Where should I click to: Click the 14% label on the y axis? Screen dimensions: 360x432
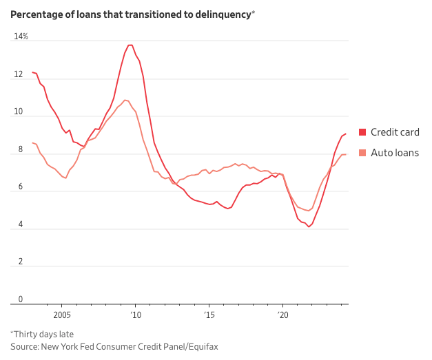(x=21, y=36)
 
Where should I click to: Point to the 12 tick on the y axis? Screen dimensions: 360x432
(x=18, y=74)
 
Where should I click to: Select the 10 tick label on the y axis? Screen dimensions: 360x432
(x=18, y=112)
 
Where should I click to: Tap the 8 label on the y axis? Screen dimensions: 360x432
(x=16, y=149)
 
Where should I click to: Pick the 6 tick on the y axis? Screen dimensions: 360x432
(x=16, y=187)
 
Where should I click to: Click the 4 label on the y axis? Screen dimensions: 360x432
(x=16, y=224)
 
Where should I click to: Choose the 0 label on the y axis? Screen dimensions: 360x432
(x=16, y=299)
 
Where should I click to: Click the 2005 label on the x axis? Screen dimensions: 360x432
(x=61, y=315)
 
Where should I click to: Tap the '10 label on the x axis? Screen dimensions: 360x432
(x=135, y=315)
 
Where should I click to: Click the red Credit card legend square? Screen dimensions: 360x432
(x=362, y=132)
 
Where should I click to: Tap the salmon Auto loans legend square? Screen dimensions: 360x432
(x=362, y=153)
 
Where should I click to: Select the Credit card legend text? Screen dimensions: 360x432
(x=395, y=132)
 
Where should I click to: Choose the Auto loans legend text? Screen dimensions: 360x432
(x=394, y=153)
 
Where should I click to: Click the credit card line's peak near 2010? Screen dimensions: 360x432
(x=130, y=45)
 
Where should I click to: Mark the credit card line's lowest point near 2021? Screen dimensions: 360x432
(x=309, y=227)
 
